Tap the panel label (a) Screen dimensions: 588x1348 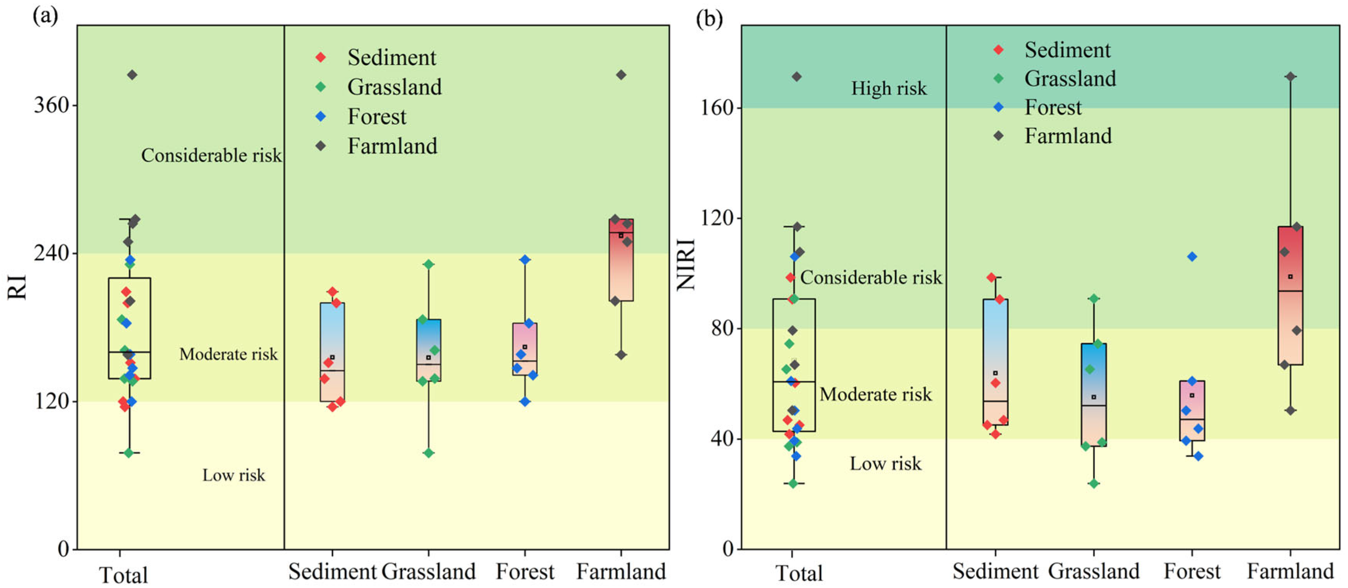tap(46, 16)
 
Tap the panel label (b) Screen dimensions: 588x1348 tap(709, 19)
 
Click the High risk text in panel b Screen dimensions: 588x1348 tap(889, 88)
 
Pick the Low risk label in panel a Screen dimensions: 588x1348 tap(234, 475)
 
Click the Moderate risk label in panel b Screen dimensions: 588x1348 tap(876, 394)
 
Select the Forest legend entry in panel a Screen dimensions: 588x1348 tap(376, 117)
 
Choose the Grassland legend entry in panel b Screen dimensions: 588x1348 tap(1069, 79)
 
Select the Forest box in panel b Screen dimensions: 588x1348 tap(1192, 411)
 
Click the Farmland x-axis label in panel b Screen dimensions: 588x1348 tap(1290, 571)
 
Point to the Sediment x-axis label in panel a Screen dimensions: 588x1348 tap(332, 571)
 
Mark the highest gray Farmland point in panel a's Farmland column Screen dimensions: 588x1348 tap(621, 75)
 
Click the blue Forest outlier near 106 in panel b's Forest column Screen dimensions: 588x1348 tap(1192, 256)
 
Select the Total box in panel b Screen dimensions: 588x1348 tap(793, 365)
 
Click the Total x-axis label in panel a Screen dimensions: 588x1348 tap(124, 575)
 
